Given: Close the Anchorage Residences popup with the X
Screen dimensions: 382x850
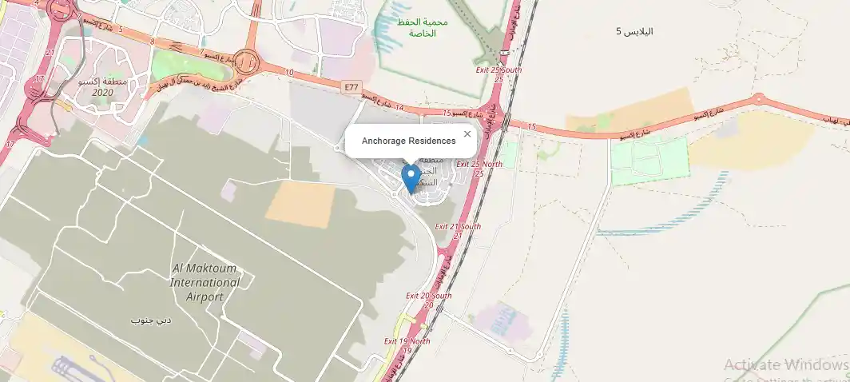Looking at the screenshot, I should [467, 134].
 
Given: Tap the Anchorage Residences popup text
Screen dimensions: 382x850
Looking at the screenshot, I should [408, 141].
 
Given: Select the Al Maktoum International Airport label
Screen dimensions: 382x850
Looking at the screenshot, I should [205, 282].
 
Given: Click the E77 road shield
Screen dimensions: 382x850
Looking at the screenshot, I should [351, 86].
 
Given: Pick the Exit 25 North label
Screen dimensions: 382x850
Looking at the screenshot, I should [479, 169].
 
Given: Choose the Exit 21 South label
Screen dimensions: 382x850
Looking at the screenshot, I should [458, 231].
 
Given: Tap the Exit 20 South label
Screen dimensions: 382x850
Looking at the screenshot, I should [428, 300].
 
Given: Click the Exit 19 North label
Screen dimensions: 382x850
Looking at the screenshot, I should [407, 345].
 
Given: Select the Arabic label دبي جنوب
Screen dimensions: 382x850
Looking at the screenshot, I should [151, 320].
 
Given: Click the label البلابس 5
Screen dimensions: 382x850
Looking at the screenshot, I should [634, 32].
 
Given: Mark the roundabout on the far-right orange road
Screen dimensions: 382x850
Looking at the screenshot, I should [758, 100].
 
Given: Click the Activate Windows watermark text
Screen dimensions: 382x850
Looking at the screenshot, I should [785, 365].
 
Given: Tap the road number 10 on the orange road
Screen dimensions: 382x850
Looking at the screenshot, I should [288, 73].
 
